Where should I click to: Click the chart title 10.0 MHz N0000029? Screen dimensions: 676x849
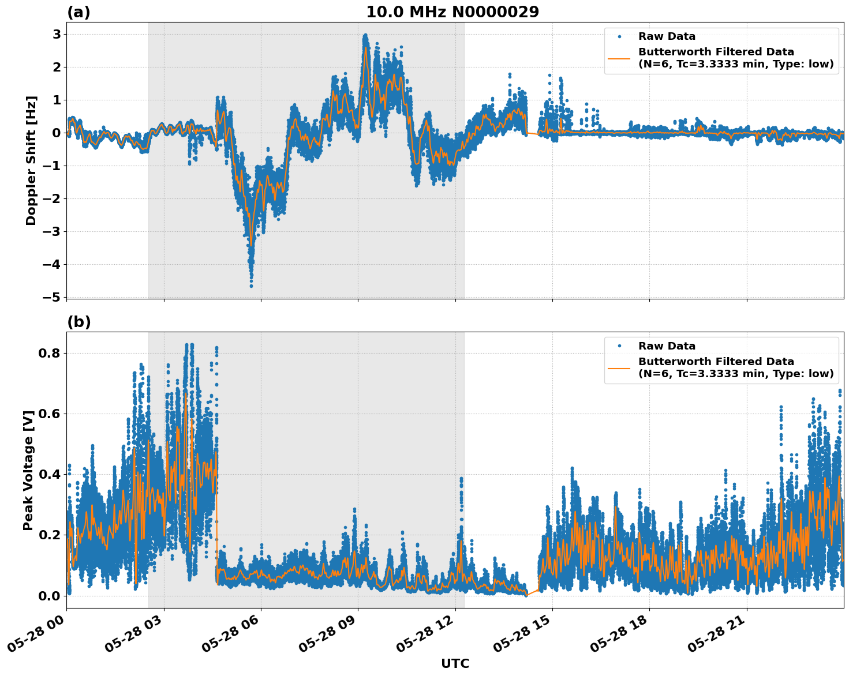(x=452, y=12)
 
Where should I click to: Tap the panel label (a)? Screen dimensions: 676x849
(x=78, y=12)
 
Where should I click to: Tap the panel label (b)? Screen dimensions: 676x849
(x=78, y=322)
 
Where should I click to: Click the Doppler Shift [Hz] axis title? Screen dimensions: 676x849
(x=31, y=160)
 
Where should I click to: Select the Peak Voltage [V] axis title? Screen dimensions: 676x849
(x=28, y=470)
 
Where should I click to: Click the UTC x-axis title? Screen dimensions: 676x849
(x=455, y=663)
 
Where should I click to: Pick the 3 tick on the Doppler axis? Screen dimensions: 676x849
(x=57, y=34)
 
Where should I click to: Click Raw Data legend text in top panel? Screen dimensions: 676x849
(x=667, y=36)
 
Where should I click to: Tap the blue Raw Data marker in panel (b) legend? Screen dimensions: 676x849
(x=619, y=346)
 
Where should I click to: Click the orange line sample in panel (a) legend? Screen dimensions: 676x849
(x=619, y=58)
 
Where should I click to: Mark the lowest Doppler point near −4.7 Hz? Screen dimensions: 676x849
(x=251, y=286)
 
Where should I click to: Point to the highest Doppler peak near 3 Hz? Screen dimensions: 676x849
(x=365, y=36)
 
